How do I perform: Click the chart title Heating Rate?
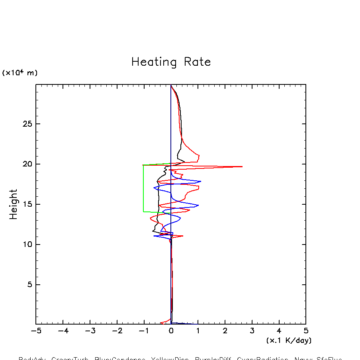pyautogui.click(x=171, y=62)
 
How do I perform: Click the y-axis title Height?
pyautogui.click(x=14, y=204)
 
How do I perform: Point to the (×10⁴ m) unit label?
pyautogui.click(x=20, y=73)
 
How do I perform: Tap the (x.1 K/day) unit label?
pyautogui.click(x=289, y=340)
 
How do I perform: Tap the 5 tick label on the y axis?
pyautogui.click(x=29, y=285)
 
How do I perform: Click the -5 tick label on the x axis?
pyautogui.click(x=36, y=331)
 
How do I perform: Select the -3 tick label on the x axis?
pyautogui.click(x=90, y=331)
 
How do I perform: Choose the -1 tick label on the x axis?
pyautogui.click(x=144, y=331)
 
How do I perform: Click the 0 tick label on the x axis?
pyautogui.click(x=171, y=331)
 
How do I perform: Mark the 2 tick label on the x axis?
pyautogui.click(x=225, y=331)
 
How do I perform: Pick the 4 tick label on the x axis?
pyautogui.click(x=279, y=331)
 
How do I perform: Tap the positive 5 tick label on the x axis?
pyautogui.click(x=306, y=331)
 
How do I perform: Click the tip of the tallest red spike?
pyautogui.click(x=242, y=166)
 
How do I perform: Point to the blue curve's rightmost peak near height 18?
pyautogui.click(x=201, y=181)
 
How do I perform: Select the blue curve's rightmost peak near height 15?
pyautogui.click(x=198, y=205)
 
